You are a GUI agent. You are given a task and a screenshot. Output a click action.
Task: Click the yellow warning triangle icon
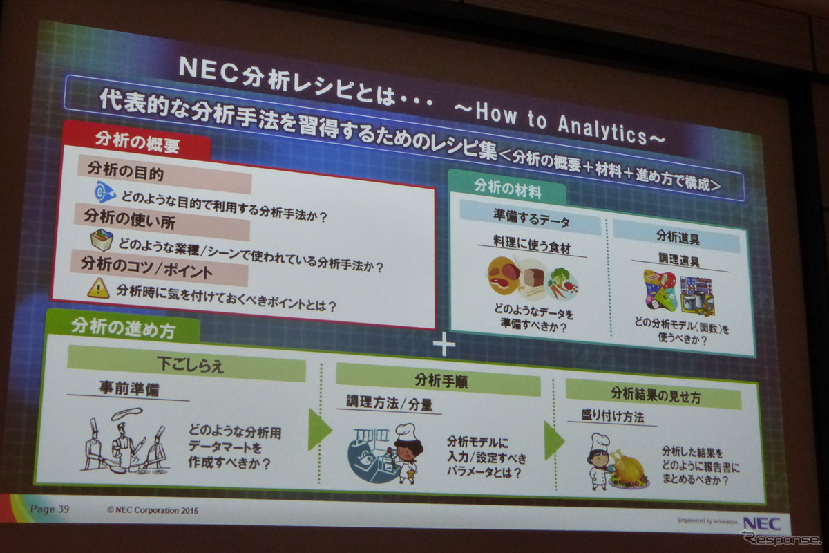click(x=98, y=288)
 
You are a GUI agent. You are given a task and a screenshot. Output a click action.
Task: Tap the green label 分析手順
click(x=438, y=379)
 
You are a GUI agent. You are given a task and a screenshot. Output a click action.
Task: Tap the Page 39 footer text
click(x=50, y=509)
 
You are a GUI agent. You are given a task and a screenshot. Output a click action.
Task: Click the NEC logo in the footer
click(x=762, y=523)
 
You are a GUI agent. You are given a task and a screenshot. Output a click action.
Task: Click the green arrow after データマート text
click(x=318, y=429)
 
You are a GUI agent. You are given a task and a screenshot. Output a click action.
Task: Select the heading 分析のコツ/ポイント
click(x=146, y=265)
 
